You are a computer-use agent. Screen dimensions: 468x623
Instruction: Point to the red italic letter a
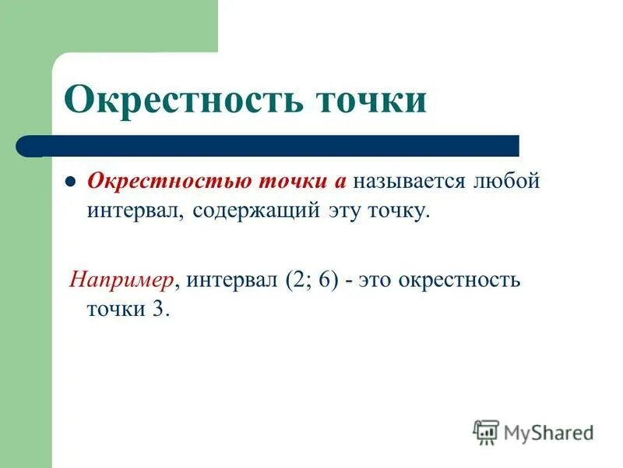340,182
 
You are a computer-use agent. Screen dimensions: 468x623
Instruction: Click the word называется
408,181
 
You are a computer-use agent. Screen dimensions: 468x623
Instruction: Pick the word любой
505,181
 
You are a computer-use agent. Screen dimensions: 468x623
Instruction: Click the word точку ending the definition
398,211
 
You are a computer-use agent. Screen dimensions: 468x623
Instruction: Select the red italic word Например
121,278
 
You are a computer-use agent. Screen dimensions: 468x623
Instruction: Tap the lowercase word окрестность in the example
459,279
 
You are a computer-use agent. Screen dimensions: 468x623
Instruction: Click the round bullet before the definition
69,182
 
